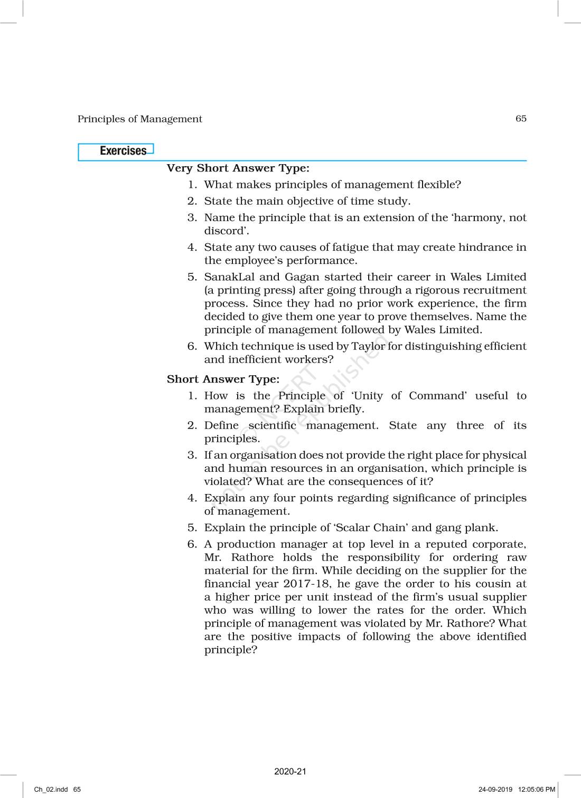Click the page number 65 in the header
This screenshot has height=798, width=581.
tap(521, 118)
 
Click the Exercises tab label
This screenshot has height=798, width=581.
tap(123, 151)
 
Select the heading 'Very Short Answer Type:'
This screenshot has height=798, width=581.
tap(238, 168)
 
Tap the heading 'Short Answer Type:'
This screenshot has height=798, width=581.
tap(223, 379)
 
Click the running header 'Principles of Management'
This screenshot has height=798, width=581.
tap(139, 119)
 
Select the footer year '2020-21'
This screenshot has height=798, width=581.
tap(290, 772)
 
